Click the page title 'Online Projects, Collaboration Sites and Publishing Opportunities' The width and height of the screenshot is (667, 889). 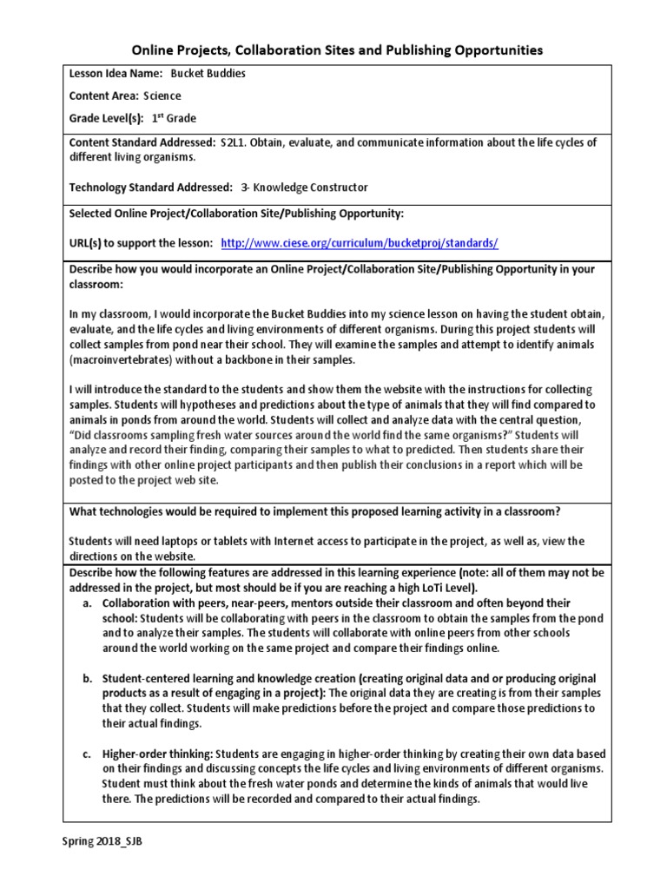tap(337, 50)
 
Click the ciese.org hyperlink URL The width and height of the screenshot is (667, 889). tap(360, 244)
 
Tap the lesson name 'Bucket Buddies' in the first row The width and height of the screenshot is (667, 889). tap(208, 74)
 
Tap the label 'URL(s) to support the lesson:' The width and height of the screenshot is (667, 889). tap(141, 244)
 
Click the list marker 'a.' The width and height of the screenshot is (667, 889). tap(88, 603)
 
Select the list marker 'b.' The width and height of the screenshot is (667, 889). tap(88, 678)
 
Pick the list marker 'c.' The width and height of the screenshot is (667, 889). tap(88, 754)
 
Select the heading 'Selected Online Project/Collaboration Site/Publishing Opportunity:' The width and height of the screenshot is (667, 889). tap(236, 213)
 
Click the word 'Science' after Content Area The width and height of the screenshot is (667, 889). tap(162, 96)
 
